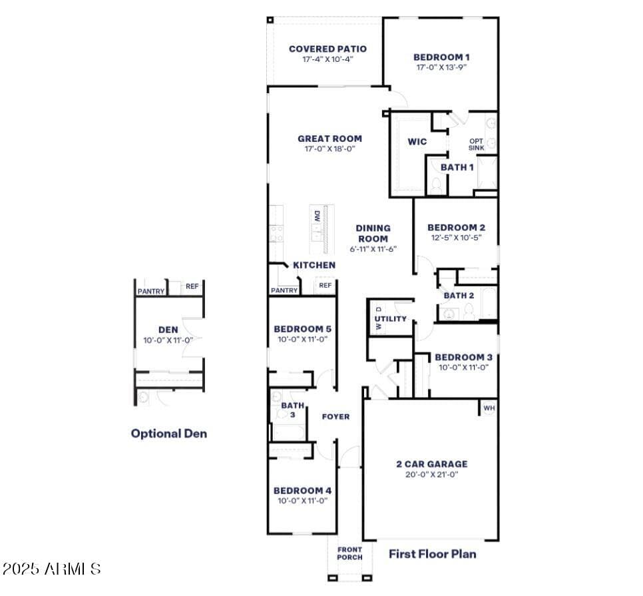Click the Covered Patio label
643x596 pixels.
327,49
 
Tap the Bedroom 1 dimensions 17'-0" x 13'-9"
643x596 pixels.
442,67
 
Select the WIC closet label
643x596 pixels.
417,142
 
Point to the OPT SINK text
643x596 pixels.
477,145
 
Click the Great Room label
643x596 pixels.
329,139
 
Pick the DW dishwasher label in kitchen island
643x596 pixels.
317,216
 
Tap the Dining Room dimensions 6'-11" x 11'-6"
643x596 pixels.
373,249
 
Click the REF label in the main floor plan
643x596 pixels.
325,285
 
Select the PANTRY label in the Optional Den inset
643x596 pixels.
151,291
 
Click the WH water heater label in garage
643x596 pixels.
489,408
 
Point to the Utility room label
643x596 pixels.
390,319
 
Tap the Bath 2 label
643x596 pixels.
459,295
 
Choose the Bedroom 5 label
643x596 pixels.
303,329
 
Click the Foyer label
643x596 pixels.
336,417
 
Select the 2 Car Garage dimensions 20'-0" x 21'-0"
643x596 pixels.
432,475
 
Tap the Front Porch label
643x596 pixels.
350,553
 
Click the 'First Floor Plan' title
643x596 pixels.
433,554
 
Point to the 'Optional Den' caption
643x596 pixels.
169,434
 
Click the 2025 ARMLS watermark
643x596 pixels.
52,569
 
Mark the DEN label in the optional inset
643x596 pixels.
168,330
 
